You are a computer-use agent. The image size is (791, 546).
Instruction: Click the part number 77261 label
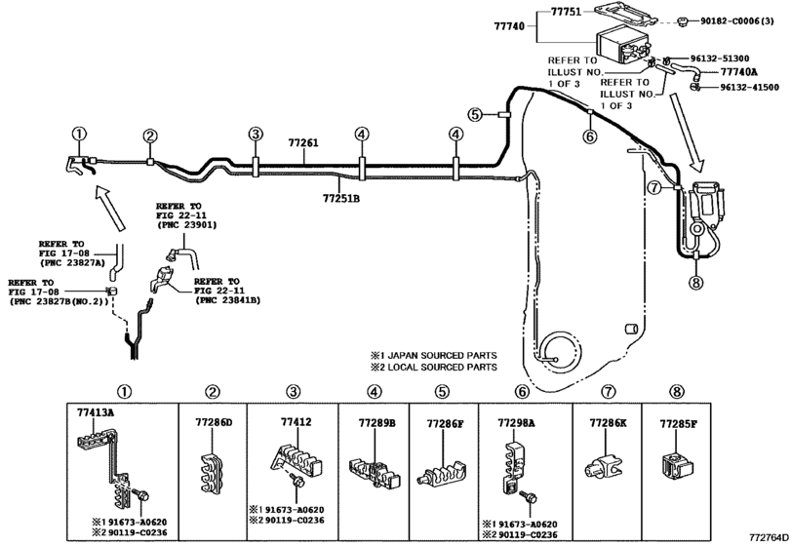tap(303, 143)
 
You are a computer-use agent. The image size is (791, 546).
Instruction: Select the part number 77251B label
tap(341, 198)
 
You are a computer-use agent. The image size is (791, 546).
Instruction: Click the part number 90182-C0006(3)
tap(737, 21)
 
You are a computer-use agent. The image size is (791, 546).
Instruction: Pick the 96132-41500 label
tap(749, 87)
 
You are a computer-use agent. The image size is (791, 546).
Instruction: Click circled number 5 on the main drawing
tap(475, 115)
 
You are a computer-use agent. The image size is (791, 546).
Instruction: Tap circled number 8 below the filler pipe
tap(695, 283)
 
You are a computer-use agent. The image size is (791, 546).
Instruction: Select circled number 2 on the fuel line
tap(150, 136)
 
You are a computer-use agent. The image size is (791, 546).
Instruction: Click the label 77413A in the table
tap(96, 412)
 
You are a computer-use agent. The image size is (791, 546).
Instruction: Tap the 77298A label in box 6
tap(516, 422)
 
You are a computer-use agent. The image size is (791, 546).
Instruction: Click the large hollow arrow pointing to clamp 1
tap(109, 209)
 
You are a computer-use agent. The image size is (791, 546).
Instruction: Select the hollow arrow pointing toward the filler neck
tap(688, 132)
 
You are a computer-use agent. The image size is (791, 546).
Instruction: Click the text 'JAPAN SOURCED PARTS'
tap(442, 356)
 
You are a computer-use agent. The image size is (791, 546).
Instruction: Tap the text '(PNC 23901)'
tap(186, 225)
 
